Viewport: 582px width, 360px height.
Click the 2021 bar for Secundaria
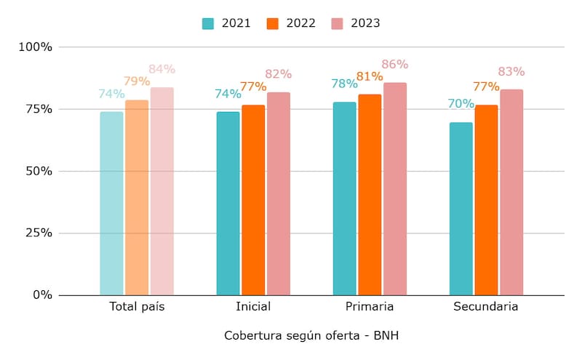[x=461, y=209]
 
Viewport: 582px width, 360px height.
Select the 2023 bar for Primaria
[x=394, y=189]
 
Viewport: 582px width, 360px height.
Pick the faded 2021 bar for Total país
[x=111, y=204]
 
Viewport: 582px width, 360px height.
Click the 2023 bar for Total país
[x=162, y=191]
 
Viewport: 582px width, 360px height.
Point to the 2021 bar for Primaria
[x=344, y=199]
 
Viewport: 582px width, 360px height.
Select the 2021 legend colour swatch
[x=208, y=23]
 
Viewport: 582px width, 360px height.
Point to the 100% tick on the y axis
[x=35, y=47]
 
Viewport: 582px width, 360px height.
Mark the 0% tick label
[x=42, y=295]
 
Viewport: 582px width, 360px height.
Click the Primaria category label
[x=370, y=307]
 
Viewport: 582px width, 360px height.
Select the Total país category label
[x=137, y=307]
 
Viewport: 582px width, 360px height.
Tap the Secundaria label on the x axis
[x=485, y=307]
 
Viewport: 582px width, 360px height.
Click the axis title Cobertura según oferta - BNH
[x=311, y=336]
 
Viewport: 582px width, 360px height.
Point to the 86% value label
[x=395, y=65]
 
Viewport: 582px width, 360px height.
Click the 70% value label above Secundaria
[x=461, y=104]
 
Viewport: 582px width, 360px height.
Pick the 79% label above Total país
[x=137, y=81]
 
